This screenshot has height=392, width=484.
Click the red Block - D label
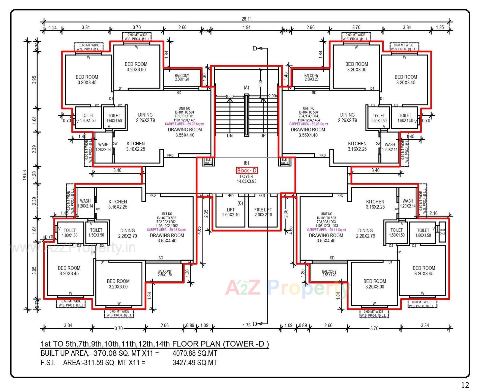point(247,170)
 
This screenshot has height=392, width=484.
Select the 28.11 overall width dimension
point(247,19)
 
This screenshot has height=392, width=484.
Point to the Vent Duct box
point(442,232)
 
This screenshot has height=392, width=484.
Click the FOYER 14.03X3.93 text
point(247,179)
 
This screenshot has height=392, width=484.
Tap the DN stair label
point(230,136)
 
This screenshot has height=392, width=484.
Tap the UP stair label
point(263,136)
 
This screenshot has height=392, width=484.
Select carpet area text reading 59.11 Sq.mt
point(326,230)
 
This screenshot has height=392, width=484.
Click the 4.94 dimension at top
point(246,27)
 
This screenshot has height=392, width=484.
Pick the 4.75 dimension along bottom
point(246,325)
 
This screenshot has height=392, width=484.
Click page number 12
point(465,385)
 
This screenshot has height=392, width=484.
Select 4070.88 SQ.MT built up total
point(195,353)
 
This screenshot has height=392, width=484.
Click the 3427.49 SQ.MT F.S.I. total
point(195,363)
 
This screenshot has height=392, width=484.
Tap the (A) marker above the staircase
point(246,88)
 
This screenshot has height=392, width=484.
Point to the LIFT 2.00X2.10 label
point(231,212)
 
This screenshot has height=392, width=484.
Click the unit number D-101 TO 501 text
point(184,112)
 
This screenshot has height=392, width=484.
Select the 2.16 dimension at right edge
point(433,213)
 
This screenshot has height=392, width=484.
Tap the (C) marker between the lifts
point(240,203)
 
